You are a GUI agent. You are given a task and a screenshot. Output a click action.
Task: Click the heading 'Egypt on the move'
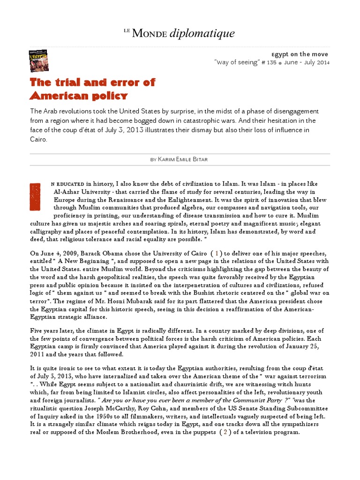pyautogui.click(x=300, y=54)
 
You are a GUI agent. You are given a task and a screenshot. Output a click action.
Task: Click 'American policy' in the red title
pyautogui.click(x=78, y=96)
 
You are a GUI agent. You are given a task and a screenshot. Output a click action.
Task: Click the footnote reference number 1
pyautogui.click(x=217, y=254)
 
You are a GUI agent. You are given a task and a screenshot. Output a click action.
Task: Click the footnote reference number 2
pyautogui.click(x=226, y=432)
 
